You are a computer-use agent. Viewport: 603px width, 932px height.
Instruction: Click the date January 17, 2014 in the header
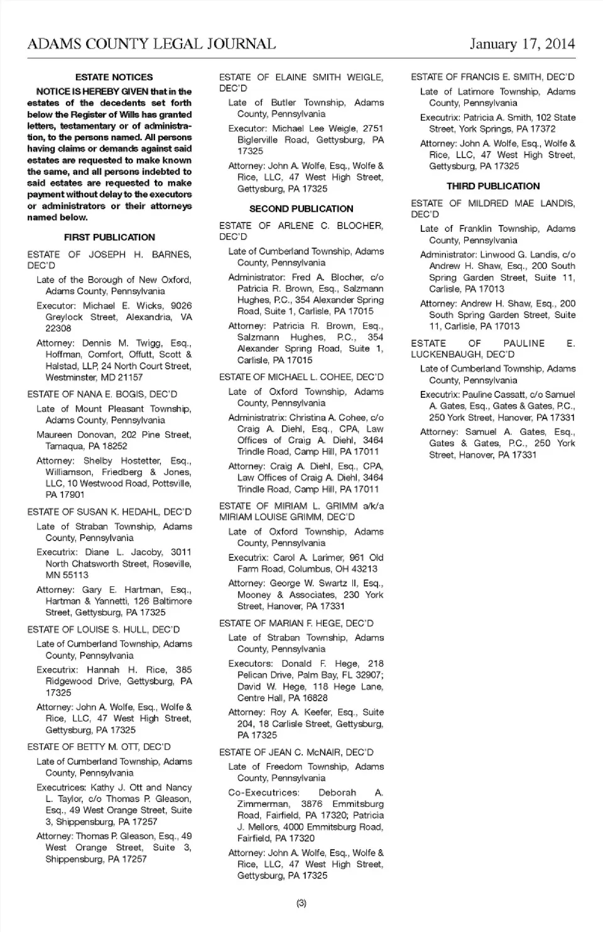click(x=522, y=44)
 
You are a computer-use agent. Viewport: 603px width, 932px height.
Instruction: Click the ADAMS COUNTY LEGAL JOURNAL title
click(x=151, y=44)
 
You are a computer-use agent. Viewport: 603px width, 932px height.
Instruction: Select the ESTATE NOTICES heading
click(x=114, y=77)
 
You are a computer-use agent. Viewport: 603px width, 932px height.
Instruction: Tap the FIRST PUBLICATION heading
click(x=109, y=238)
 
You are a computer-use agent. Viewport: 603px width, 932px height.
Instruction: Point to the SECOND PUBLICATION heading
click(x=301, y=209)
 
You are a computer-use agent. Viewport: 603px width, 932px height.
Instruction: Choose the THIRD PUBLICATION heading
click(x=493, y=186)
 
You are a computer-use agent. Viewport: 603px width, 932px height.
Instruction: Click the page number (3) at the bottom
click(x=301, y=903)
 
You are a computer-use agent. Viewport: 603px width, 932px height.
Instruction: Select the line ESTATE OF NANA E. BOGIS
click(x=102, y=394)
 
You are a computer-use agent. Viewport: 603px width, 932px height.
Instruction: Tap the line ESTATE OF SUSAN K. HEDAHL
click(x=109, y=512)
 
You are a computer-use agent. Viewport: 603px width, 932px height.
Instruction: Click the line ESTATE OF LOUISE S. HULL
click(x=103, y=629)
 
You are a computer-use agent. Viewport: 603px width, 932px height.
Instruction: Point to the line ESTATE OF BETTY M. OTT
click(x=99, y=747)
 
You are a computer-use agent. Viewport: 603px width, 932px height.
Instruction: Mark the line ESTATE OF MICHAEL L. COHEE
click(x=301, y=377)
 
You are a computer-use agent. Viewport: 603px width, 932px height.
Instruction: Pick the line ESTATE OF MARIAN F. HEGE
click(x=296, y=623)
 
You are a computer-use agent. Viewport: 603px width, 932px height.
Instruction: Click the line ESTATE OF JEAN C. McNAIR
click(x=296, y=752)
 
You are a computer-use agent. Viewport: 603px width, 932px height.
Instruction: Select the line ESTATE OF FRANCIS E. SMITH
click(x=492, y=77)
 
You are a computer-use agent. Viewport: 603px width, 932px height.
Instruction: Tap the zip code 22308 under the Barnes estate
click(x=58, y=328)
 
